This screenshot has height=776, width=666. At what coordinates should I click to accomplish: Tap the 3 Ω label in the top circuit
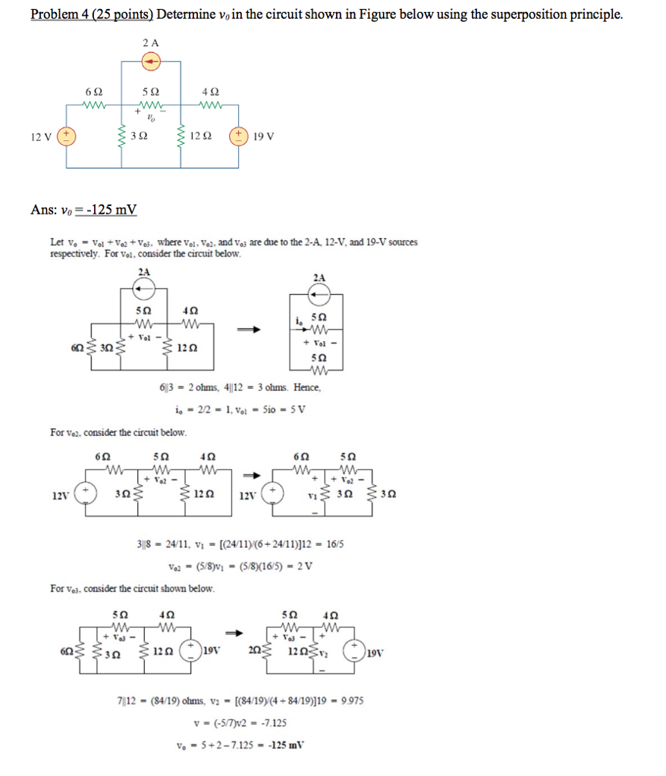click(137, 137)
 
